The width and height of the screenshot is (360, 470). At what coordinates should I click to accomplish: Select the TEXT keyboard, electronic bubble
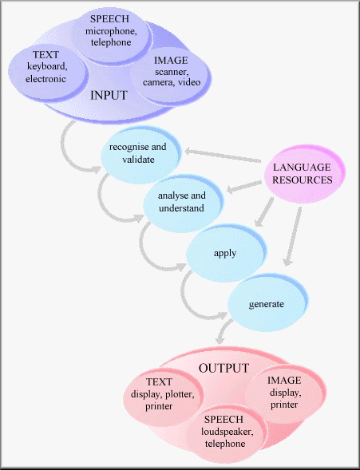(46, 67)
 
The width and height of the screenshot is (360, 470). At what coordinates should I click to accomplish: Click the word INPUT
(109, 95)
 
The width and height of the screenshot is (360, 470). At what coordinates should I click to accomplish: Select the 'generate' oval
(267, 304)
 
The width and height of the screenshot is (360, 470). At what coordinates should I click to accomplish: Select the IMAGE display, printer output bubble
(284, 392)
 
